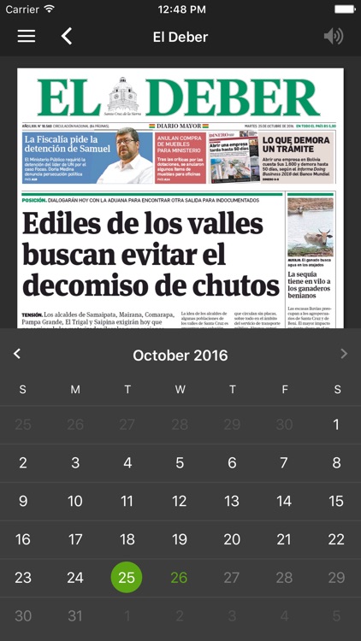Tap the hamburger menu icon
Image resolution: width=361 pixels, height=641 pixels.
[27, 36]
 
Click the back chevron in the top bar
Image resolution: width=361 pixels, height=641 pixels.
[67, 36]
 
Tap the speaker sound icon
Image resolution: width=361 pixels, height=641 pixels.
[333, 36]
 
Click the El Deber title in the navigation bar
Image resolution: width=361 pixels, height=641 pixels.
[180, 37]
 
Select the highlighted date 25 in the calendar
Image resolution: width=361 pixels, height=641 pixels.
[127, 578]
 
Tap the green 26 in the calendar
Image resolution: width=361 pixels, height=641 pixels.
[179, 578]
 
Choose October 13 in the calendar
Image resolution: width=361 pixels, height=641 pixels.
[232, 502]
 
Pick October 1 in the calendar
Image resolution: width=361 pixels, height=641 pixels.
[336, 424]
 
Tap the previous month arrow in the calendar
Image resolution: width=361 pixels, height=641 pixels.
[17, 354]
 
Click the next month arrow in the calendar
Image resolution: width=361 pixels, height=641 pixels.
[344, 354]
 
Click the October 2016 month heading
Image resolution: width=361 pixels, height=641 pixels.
[180, 355]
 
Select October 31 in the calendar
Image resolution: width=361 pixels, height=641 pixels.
[75, 616]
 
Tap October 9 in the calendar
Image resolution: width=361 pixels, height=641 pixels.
[23, 502]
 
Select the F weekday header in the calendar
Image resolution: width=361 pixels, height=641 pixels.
[284, 390]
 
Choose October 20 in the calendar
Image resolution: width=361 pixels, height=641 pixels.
[232, 539]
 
